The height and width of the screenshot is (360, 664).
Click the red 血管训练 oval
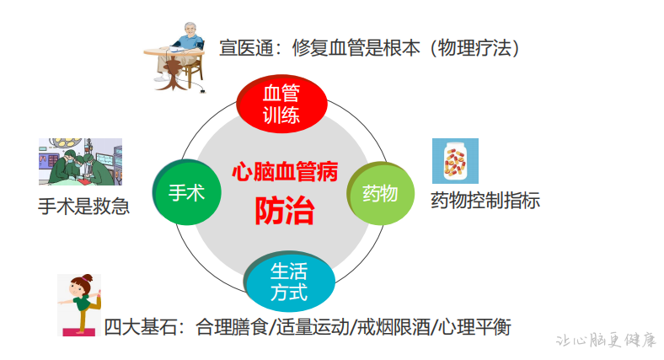(281, 105)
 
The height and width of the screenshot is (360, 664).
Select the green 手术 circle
(187, 192)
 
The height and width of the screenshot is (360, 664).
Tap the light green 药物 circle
(380, 194)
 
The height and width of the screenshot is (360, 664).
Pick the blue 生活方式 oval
(289, 282)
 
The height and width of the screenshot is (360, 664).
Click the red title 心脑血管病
(285, 171)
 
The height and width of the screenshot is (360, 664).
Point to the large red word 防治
(285, 211)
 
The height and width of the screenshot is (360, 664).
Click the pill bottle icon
(455, 161)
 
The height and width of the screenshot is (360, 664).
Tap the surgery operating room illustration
(80, 161)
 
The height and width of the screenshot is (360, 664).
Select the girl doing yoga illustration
(79, 305)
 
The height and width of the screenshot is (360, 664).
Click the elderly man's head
(191, 30)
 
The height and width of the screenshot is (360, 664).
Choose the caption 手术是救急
(84, 207)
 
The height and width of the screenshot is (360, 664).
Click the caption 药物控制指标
(485, 201)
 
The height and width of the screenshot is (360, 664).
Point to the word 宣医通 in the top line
(246, 48)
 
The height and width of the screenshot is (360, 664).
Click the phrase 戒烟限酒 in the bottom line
(394, 327)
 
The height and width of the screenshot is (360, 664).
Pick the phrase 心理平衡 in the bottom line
(474, 327)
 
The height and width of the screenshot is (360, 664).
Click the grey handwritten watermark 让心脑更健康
(606, 340)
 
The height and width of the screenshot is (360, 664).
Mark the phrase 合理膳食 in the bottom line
(232, 327)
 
